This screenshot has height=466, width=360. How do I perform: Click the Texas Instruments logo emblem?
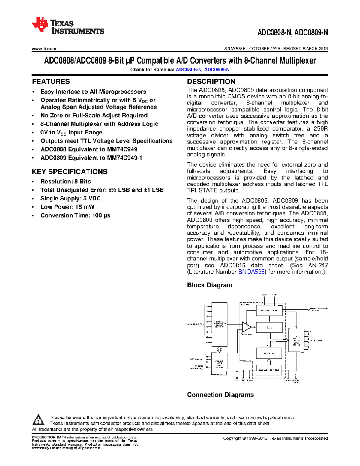coord(40,24)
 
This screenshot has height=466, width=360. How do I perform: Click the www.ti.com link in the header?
coord(44,49)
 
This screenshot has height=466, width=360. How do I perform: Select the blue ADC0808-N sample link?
coord(189,70)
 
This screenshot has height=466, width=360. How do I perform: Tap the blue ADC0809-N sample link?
coord(217,70)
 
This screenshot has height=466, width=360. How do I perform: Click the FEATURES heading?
coord(51,82)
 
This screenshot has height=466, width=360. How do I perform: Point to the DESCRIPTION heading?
coord(211,82)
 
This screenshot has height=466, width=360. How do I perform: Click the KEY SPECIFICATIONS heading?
coord(70,172)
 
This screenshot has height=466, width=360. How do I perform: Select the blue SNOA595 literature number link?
coord(251,272)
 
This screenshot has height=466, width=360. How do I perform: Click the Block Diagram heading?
coord(210,285)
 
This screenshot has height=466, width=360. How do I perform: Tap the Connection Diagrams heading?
coord(220,395)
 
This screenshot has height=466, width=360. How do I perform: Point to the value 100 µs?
coord(101,215)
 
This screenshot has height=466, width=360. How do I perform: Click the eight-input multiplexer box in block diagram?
coord(219,324)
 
